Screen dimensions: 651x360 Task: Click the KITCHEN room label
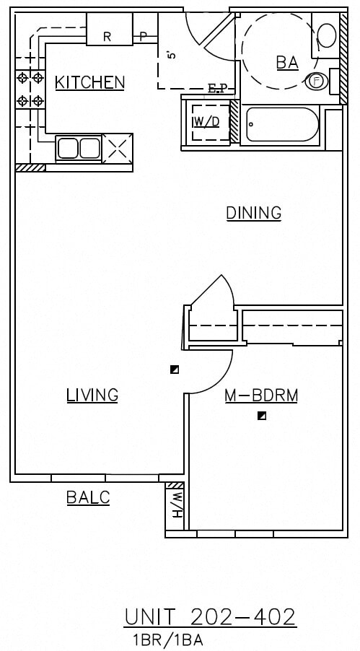tap(89, 82)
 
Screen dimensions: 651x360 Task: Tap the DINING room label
tap(253, 213)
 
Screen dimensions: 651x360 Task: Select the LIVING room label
tap(92, 395)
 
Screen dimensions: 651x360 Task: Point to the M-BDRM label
tap(261, 396)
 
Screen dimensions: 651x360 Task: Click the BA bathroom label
tap(286, 63)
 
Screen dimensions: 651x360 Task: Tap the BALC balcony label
tap(88, 497)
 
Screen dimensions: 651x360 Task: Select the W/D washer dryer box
tap(206, 121)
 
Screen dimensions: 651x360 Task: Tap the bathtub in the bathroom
tap(281, 126)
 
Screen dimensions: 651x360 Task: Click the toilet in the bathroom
tap(326, 36)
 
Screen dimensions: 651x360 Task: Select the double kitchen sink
tap(78, 148)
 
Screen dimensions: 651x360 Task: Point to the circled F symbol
tap(315, 81)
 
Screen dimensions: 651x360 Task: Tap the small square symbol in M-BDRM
tap(263, 416)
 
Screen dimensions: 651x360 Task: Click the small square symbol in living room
tap(174, 370)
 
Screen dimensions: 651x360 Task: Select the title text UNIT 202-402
tap(210, 617)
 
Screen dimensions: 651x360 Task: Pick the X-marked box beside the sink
tap(118, 148)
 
